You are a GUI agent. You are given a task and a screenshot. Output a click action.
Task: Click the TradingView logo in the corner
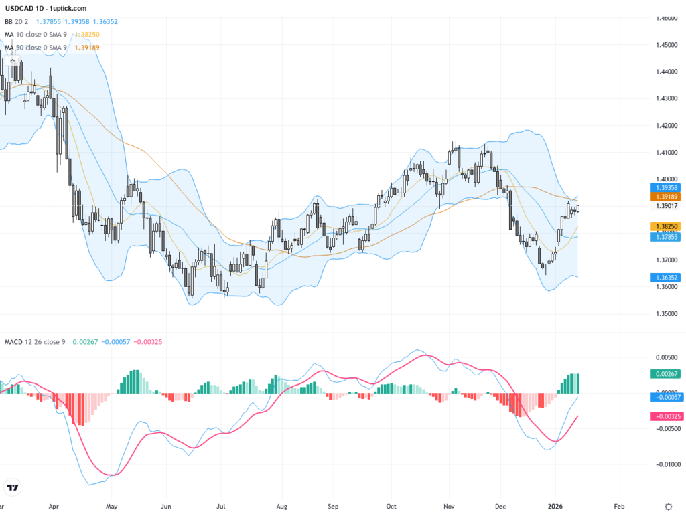pyautogui.click(x=12, y=487)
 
